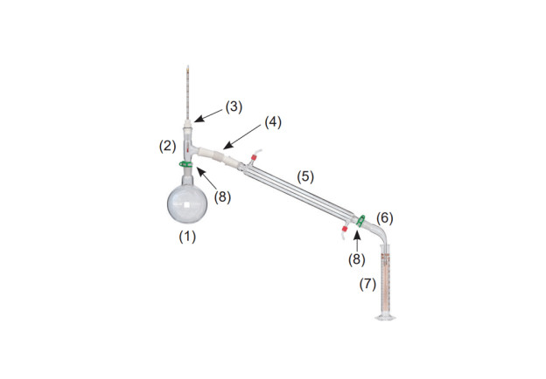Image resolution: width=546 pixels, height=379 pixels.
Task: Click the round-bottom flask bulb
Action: pos(187,203)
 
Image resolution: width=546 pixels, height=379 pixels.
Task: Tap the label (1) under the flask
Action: pos(187,237)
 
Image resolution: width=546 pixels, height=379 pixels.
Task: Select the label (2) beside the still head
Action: pos(167,146)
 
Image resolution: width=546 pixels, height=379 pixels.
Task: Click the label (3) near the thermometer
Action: pos(234,107)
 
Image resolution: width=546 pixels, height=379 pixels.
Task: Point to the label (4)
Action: pos(273,122)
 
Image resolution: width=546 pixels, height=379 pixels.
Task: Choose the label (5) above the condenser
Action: pos(305,176)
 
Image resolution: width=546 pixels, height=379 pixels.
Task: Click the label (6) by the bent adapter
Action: pos(385,218)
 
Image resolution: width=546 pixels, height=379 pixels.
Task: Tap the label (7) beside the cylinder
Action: pos(367,284)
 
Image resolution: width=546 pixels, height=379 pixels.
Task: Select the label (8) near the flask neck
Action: pos(222,197)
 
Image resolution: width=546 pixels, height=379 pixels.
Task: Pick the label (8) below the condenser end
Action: pos(357,259)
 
